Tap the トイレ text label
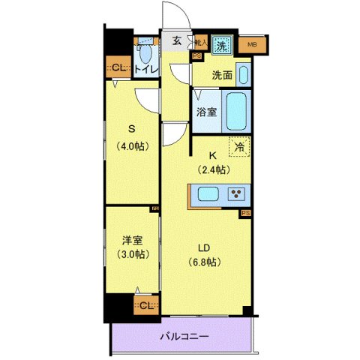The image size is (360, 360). [147, 70]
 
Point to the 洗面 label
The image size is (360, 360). [221, 75]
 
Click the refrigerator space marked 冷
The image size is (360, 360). [239, 147]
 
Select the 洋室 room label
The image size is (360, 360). [132, 241]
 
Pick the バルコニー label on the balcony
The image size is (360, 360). [184, 337]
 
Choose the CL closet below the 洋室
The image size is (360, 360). [147, 304]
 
